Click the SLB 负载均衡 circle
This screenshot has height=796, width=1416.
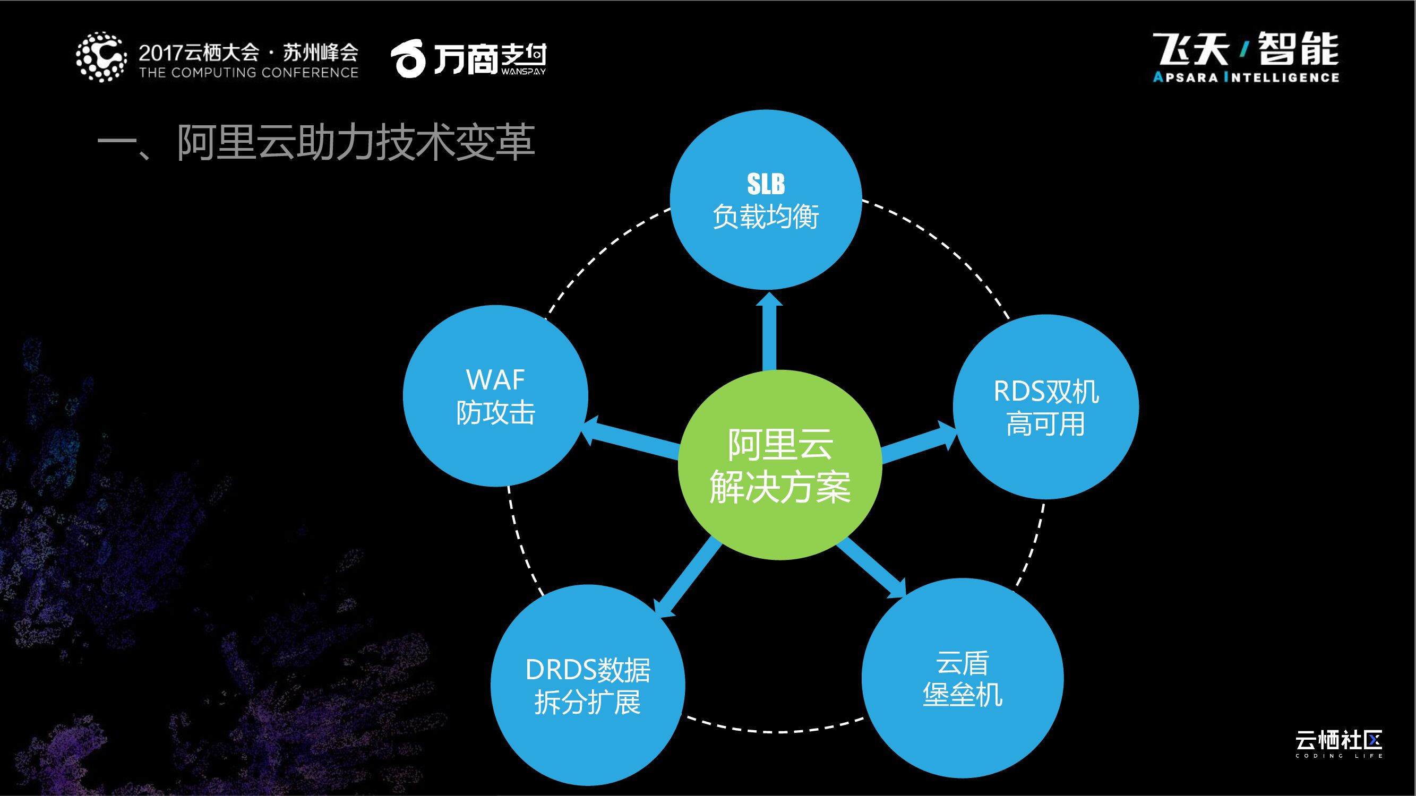pos(766,200)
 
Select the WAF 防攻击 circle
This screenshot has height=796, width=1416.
pos(495,396)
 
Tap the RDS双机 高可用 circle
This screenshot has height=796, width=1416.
pos(1045,407)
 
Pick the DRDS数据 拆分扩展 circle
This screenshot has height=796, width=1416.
pos(588,685)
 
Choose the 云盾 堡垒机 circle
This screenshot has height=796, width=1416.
pos(963,678)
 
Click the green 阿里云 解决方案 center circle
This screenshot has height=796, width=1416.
pos(780,465)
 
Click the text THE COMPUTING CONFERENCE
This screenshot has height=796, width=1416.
pos(248,73)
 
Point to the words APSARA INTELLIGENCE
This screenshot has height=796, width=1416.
pos(1246,77)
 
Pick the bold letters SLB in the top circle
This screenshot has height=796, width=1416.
pos(766,184)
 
